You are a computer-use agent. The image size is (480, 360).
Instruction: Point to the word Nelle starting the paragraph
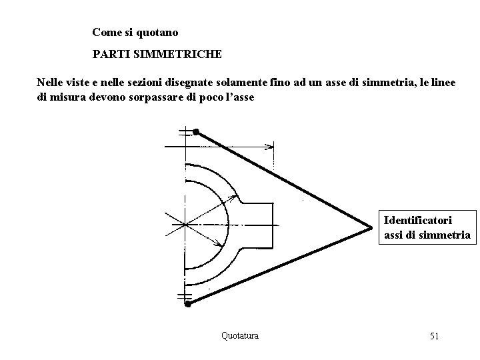tap(50, 83)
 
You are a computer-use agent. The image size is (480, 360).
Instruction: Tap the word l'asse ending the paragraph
tap(239, 97)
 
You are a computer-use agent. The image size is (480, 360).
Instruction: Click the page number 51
tap(434, 336)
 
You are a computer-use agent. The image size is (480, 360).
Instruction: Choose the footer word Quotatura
tap(240, 335)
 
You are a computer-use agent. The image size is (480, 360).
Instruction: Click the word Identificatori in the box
tap(418, 219)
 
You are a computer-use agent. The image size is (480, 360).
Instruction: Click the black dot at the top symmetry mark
tap(196, 133)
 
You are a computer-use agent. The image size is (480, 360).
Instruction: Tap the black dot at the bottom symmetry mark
tap(188, 304)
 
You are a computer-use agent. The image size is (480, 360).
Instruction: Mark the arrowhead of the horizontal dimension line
tap(270, 146)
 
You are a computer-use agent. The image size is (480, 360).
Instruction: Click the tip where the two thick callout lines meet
tap(371, 229)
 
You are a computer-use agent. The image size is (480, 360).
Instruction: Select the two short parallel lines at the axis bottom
tap(185, 295)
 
